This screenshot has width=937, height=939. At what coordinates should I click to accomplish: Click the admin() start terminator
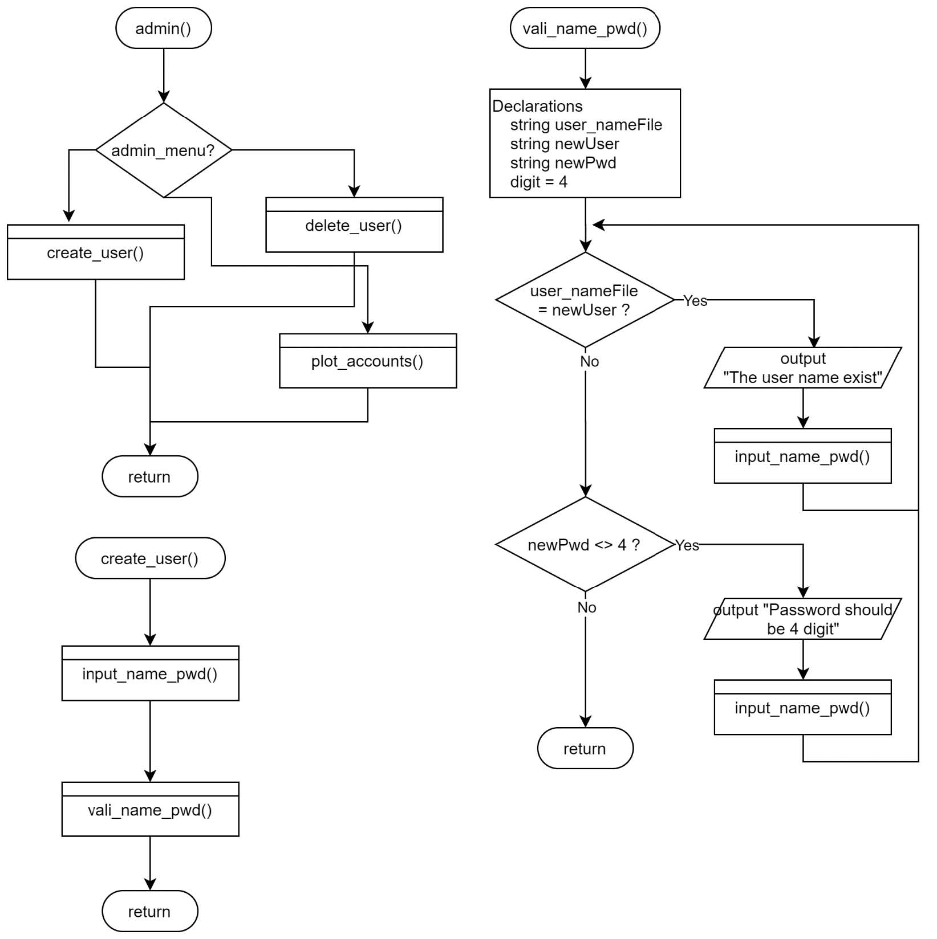(x=163, y=28)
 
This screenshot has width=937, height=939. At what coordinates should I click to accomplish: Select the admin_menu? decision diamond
(x=163, y=150)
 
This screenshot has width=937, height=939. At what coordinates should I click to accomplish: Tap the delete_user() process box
(x=354, y=226)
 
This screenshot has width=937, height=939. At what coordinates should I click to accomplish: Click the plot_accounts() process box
(x=367, y=361)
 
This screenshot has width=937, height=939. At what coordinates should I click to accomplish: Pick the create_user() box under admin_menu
(x=95, y=252)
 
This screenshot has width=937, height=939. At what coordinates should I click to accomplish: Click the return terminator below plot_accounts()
(x=149, y=476)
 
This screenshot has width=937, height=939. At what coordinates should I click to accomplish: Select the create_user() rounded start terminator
(x=149, y=558)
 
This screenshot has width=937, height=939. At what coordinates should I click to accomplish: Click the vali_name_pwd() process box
(x=149, y=810)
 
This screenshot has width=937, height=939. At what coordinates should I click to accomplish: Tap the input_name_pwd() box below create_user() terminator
(x=149, y=673)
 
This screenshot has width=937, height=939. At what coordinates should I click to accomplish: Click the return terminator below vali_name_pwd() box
(x=149, y=911)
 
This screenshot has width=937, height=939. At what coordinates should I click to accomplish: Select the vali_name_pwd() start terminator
(x=585, y=28)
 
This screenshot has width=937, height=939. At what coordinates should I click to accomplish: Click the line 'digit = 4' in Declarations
(x=538, y=182)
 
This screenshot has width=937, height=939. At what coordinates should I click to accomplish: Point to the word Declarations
(x=537, y=107)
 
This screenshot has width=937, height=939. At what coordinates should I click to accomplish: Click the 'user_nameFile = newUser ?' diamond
(x=585, y=300)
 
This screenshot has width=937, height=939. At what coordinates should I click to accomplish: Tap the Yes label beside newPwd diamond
(x=687, y=546)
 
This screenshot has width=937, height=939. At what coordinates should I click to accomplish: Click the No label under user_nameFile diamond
(x=589, y=362)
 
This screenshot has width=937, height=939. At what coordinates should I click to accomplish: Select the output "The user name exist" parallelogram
(x=802, y=368)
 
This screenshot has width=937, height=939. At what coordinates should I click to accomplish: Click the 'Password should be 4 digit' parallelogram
(x=802, y=619)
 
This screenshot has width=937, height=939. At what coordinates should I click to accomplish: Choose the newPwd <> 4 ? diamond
(x=585, y=545)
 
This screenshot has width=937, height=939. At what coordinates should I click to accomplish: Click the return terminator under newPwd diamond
(x=585, y=749)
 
